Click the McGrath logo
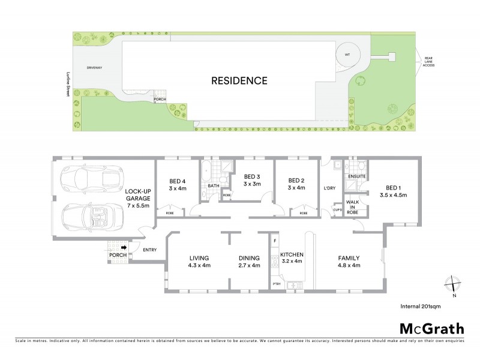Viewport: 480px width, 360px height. pyautogui.click(x=432, y=328)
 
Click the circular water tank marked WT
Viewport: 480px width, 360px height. pyautogui.click(x=347, y=55)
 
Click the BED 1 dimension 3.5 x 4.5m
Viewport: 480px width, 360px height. pyautogui.click(x=394, y=195)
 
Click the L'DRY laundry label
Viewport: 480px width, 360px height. pyautogui.click(x=329, y=188)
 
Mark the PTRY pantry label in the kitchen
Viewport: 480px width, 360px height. pyautogui.click(x=276, y=284)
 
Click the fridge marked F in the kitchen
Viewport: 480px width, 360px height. pyautogui.click(x=275, y=241)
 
